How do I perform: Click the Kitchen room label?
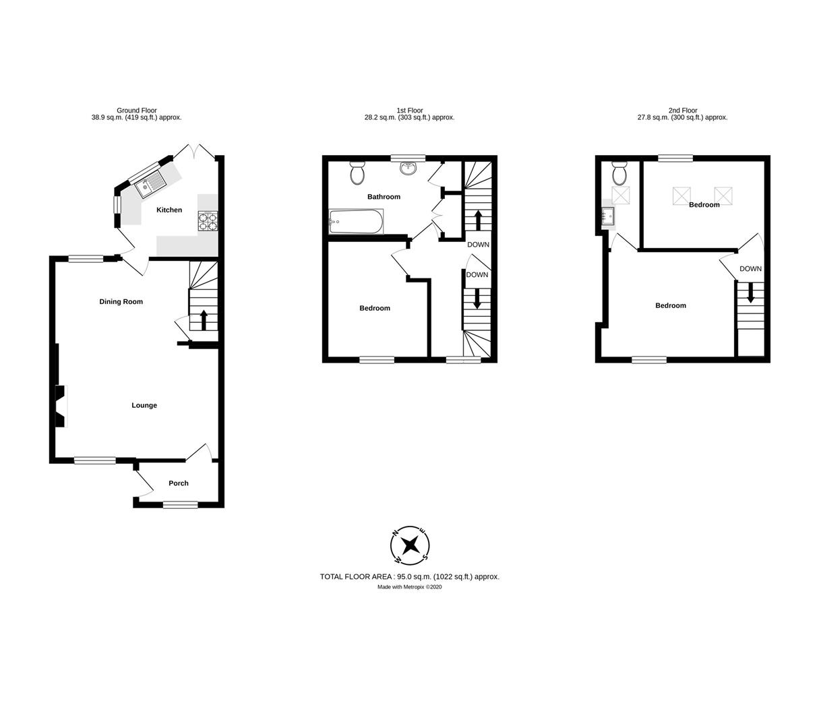169,210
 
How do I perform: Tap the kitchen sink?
150,184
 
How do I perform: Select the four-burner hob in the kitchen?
208,222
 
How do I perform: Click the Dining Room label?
121,302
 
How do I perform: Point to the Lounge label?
144,406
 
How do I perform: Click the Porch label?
179,483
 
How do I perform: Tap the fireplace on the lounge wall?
61,406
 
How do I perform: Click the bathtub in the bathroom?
356,222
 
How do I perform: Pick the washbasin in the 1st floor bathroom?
408,167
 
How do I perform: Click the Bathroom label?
384,197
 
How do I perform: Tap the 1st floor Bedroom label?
375,309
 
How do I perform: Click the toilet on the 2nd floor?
619,174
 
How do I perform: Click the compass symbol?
410,545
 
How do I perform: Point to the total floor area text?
409,577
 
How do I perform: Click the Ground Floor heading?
137,111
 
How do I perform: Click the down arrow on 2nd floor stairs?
750,295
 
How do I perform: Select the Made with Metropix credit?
409,587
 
